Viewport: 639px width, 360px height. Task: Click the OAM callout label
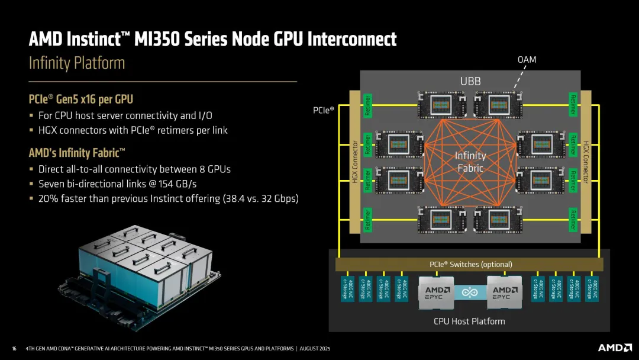527,60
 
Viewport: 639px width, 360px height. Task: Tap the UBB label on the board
470,81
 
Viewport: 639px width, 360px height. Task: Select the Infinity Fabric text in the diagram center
470,162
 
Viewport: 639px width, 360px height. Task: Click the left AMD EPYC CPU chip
436,292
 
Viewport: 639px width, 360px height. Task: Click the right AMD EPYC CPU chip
505,292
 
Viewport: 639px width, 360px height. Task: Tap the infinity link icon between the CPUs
470,292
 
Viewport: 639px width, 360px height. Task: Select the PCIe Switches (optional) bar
470,264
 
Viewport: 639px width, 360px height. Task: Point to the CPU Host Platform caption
470,321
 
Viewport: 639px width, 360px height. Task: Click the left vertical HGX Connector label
355,162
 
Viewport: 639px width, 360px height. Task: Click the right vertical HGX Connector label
586,162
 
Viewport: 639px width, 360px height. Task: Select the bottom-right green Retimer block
573,218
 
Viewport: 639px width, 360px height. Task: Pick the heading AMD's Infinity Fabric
77,153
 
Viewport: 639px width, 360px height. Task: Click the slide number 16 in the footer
14,348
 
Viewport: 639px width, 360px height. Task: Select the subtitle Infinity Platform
77,63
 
